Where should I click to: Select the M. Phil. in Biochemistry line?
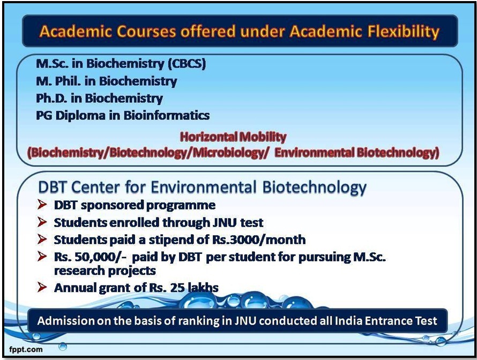click(107, 81)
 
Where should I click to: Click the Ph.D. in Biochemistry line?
click(99, 98)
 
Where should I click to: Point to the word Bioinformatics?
click(166, 115)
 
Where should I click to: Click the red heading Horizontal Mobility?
click(233, 137)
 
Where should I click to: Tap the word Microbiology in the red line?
click(229, 153)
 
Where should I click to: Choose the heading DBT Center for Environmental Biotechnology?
click(202, 187)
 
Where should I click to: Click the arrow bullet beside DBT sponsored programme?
click(42, 205)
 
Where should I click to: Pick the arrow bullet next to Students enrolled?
click(42, 222)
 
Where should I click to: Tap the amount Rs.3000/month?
click(258, 239)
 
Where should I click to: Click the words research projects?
click(105, 271)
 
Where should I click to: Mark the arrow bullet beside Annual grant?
click(42, 287)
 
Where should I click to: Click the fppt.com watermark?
click(26, 349)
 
